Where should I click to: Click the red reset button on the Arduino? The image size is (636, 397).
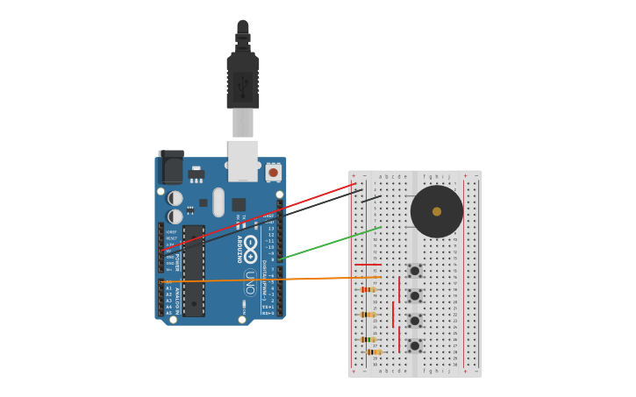click(273, 173)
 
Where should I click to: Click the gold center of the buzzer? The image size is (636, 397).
click(437, 211)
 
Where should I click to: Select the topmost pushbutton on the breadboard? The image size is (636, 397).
click(414, 271)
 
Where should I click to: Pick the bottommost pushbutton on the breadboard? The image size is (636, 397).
click(414, 345)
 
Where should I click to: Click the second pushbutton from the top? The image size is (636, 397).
click(414, 296)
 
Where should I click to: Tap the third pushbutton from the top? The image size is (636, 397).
click(414, 321)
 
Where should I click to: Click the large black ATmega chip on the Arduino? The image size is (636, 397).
click(194, 270)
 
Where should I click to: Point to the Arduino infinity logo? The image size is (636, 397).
click(250, 249)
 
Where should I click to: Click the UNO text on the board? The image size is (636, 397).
click(250, 282)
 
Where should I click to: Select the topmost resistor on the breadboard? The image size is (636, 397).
click(368, 289)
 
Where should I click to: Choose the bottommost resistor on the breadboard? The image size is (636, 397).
click(374, 351)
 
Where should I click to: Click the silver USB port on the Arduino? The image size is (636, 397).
click(243, 160)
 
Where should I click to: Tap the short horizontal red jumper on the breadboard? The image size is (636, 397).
click(368, 265)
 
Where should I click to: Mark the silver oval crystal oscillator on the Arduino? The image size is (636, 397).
click(218, 202)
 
